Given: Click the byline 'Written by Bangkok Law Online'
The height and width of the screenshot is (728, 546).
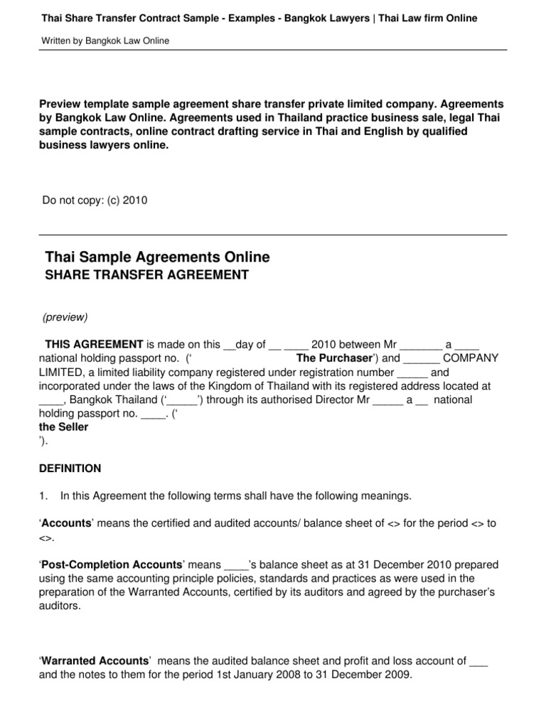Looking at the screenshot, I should [106, 41].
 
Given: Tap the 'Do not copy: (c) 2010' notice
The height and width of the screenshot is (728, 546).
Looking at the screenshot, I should [95, 200].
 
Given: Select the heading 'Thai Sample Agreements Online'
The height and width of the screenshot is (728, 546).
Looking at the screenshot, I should [157, 257].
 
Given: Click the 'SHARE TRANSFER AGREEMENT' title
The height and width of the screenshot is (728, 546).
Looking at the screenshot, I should [147, 275].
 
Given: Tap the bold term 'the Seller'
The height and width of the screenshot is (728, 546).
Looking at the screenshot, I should [64, 427].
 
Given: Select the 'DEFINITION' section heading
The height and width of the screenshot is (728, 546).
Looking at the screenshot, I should [70, 469].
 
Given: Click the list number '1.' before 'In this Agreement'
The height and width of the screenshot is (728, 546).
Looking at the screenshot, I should [43, 496].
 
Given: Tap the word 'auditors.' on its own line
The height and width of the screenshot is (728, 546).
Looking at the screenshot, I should [60, 606].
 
